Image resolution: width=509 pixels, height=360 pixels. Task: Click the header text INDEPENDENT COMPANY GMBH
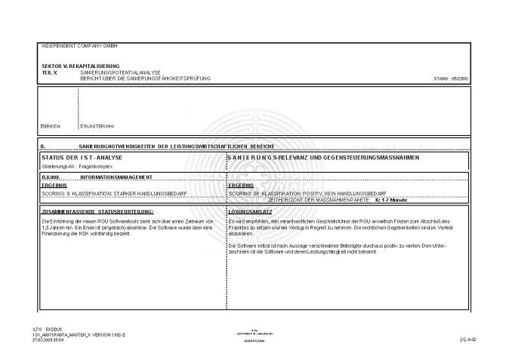[x=74, y=47]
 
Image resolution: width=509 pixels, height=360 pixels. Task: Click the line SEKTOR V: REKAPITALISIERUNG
[x=76, y=67]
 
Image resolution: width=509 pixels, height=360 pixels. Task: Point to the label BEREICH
[x=50, y=125]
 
